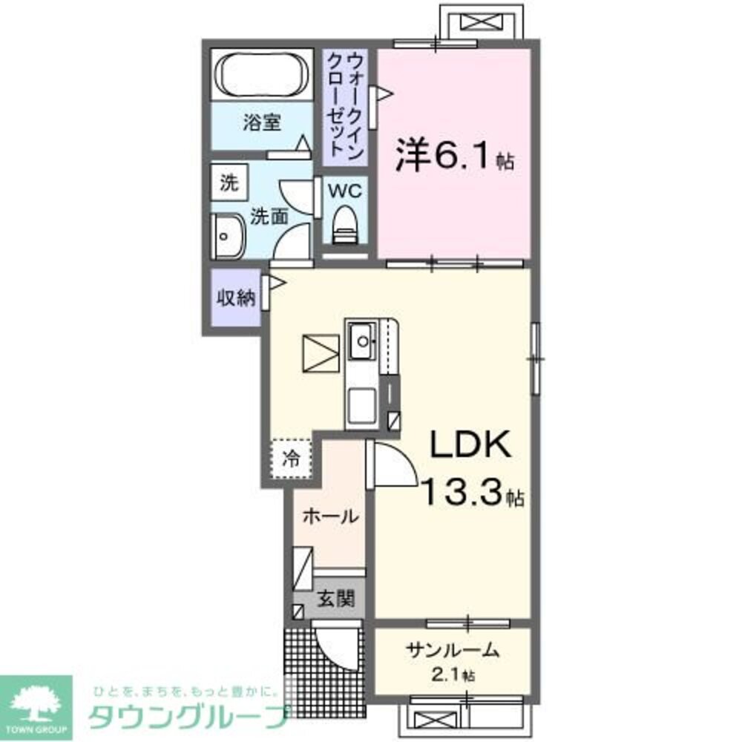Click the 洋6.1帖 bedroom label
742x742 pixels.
pos(454,157)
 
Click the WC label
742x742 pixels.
pos(345,190)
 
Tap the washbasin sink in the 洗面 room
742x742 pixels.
pos(226,237)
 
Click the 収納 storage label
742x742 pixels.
pos(235,298)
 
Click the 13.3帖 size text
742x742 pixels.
pos(472,491)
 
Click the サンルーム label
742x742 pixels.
pos(451,651)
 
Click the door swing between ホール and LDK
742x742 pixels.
pos(392,464)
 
